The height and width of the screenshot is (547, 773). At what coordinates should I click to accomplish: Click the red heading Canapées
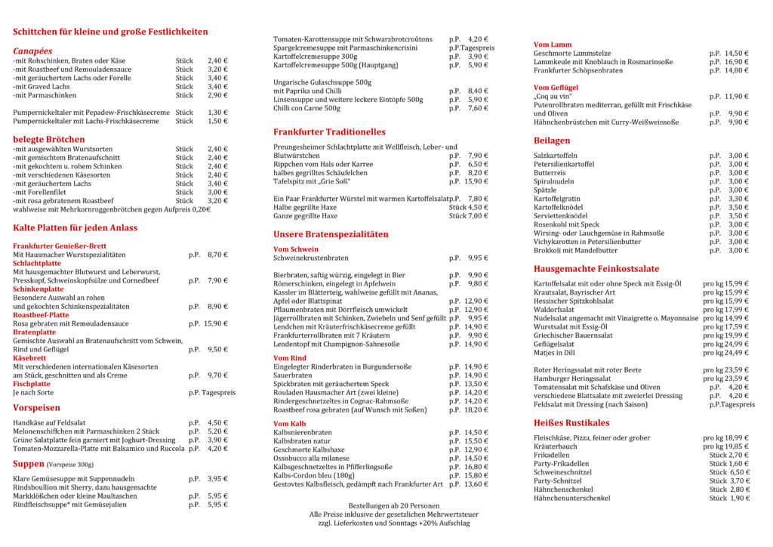(32, 49)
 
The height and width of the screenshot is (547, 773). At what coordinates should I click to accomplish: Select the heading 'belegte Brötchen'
(49, 139)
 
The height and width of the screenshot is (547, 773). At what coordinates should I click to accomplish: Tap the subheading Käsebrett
(31, 358)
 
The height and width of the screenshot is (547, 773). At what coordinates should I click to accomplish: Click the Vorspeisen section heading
(37, 407)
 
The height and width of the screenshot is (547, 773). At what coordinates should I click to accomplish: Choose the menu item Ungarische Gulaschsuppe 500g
(322, 82)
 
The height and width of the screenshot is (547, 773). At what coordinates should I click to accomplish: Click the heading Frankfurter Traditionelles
(329, 131)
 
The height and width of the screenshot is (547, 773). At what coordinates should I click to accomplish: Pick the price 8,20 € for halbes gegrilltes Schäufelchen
(476, 172)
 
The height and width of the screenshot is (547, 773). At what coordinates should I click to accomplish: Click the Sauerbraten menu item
(293, 375)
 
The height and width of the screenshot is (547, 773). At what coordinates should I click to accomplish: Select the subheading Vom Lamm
(553, 45)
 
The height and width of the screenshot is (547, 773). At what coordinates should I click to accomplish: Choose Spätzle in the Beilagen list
(545, 190)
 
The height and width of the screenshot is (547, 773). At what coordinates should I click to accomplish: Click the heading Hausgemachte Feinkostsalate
(596, 268)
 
